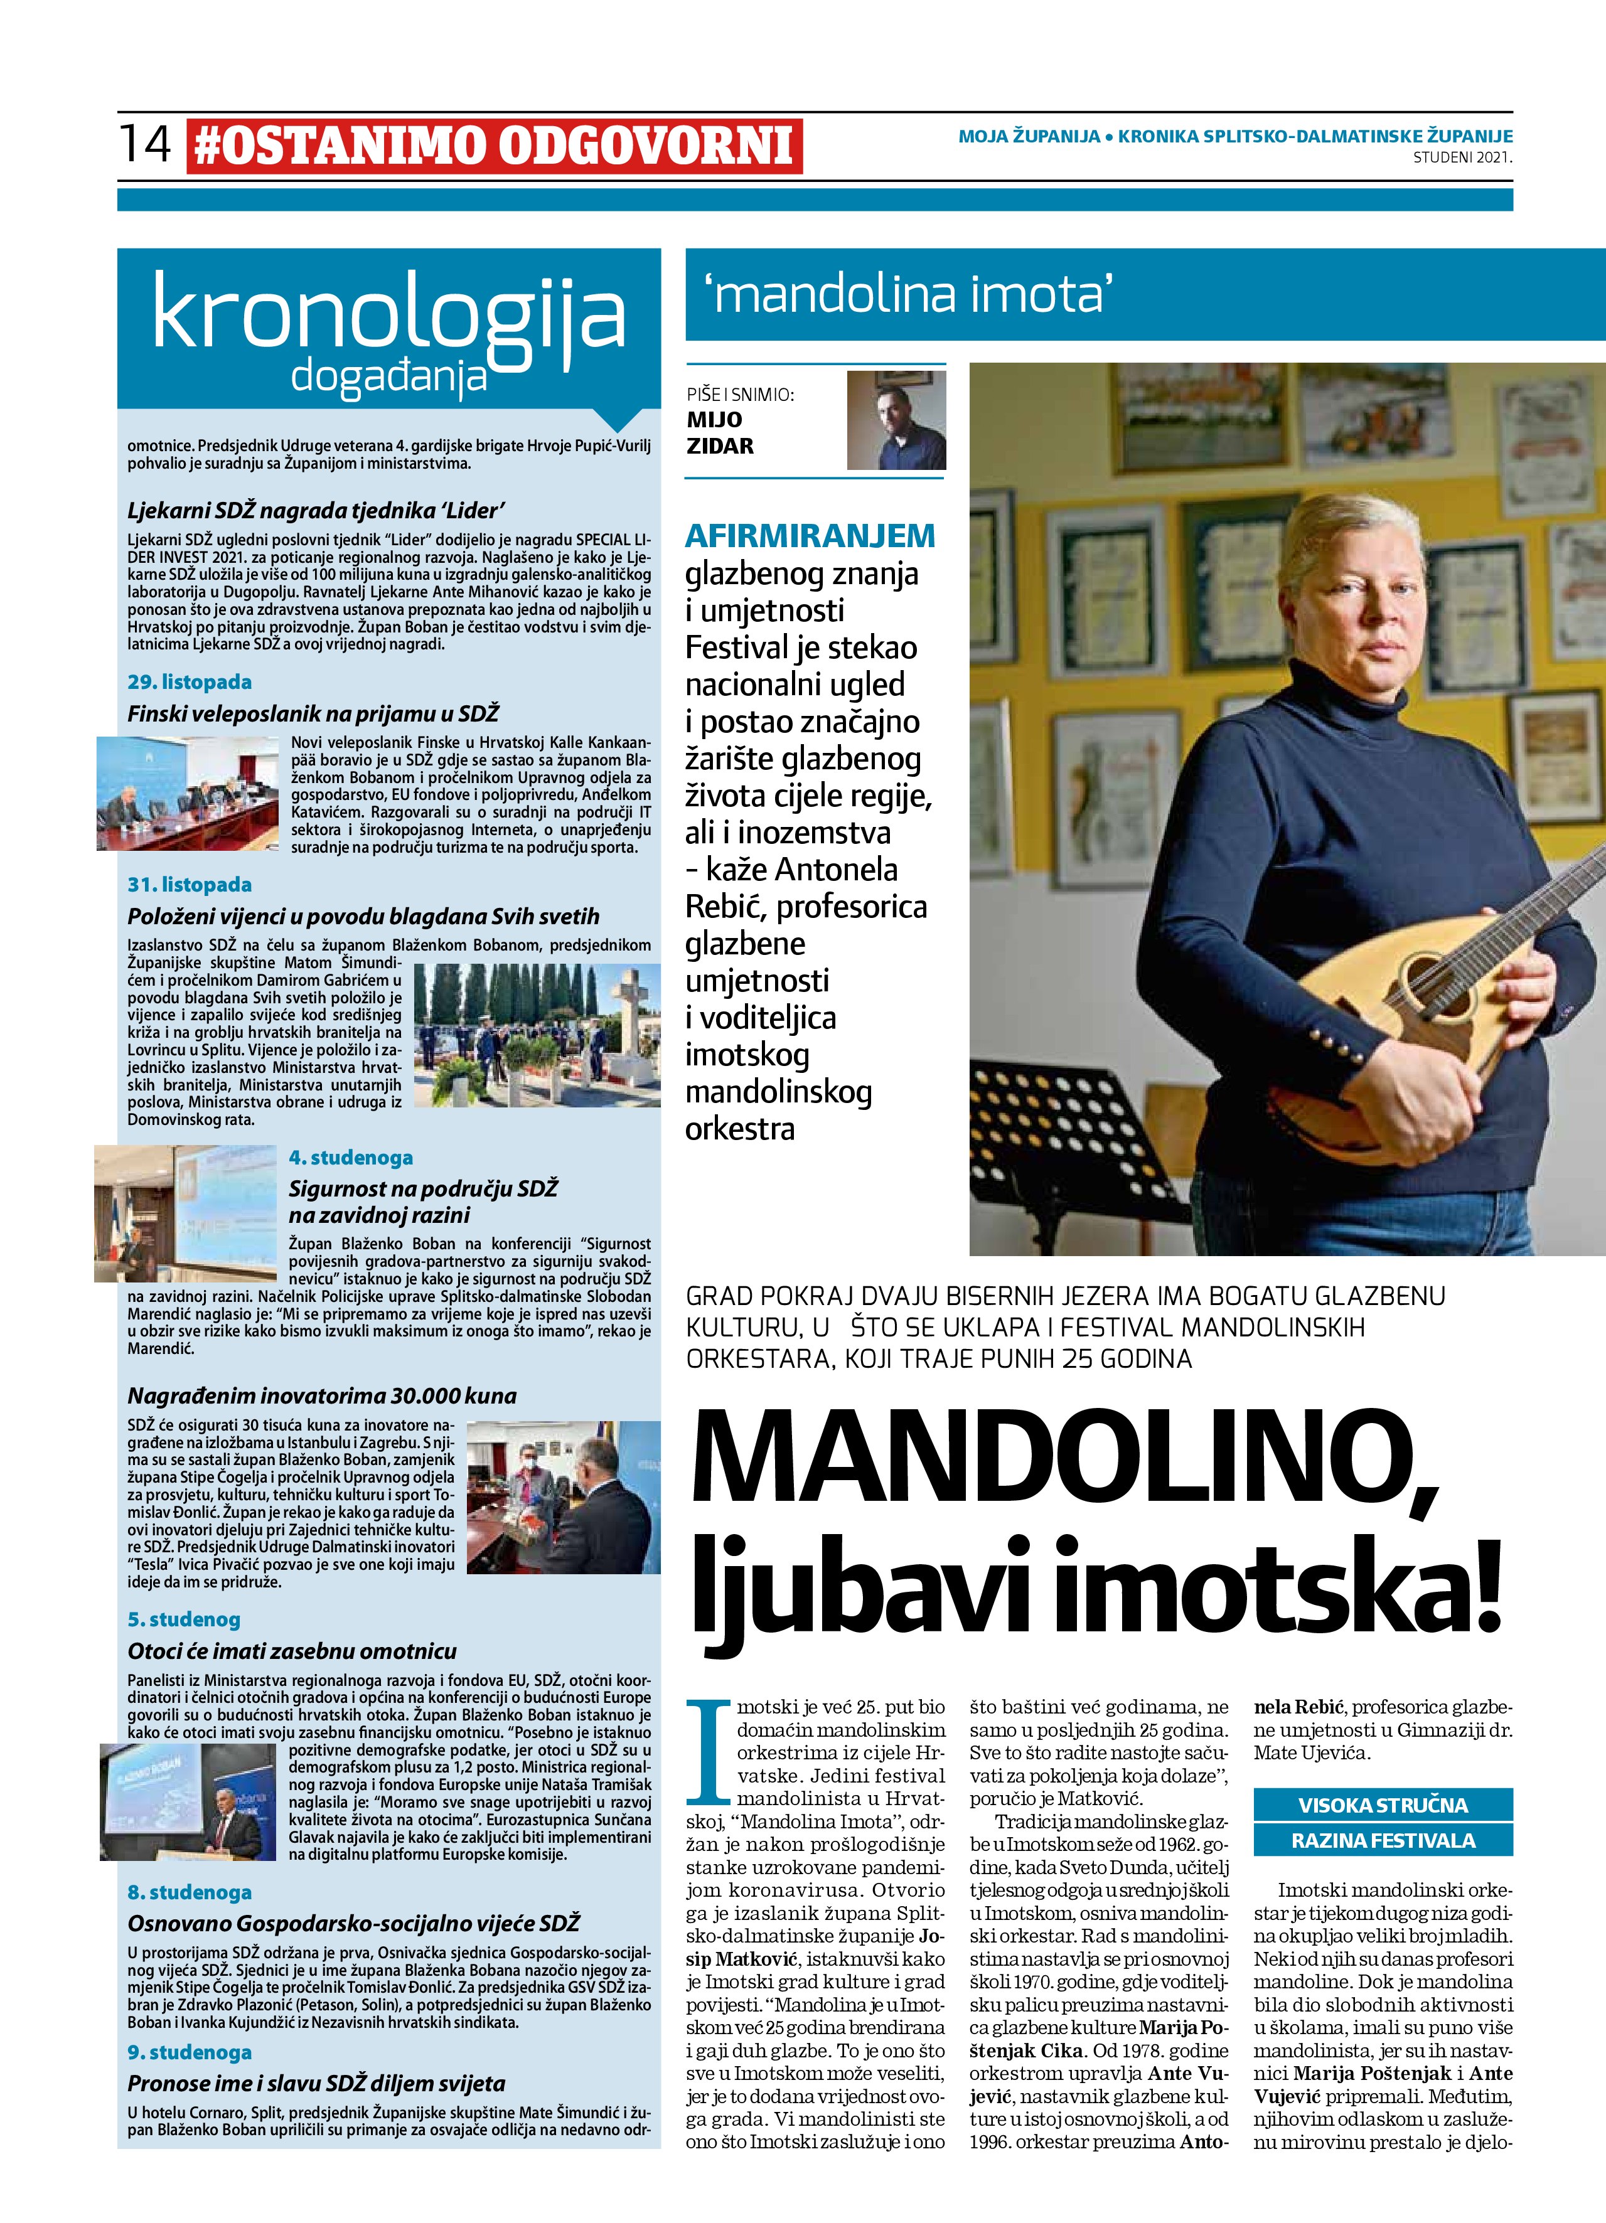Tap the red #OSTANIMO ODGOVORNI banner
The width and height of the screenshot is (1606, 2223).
494,147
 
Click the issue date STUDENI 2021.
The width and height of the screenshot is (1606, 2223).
1462,157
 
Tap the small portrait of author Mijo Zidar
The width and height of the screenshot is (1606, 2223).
896,420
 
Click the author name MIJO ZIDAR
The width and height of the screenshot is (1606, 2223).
720,432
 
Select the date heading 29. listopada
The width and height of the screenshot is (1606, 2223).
190,681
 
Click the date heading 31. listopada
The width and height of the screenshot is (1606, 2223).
190,884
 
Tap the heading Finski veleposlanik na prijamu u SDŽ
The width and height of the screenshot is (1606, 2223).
314,713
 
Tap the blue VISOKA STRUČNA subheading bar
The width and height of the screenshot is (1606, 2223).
1383,1805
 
